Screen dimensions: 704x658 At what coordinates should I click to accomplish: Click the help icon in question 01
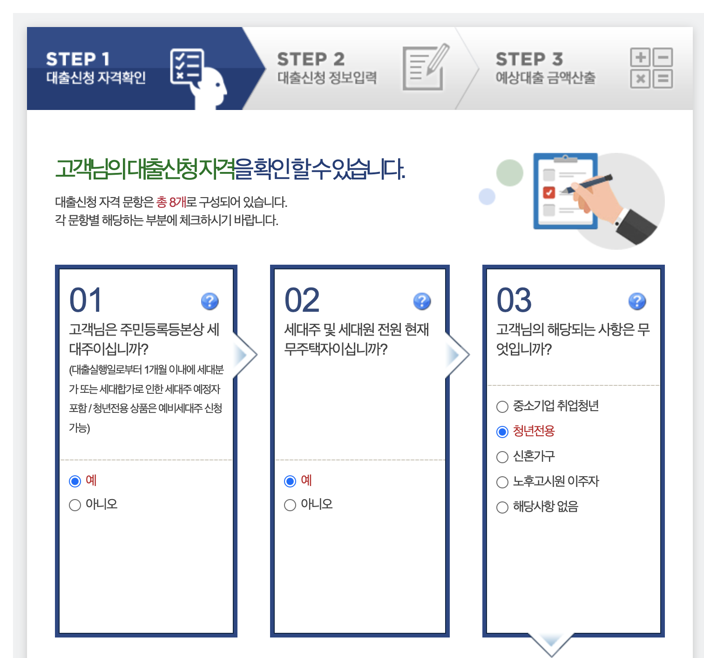(x=210, y=302)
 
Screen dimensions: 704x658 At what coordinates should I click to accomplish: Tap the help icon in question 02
(x=422, y=302)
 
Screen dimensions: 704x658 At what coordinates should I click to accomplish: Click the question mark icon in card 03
(x=637, y=302)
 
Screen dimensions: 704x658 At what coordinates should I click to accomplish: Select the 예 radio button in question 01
(x=75, y=481)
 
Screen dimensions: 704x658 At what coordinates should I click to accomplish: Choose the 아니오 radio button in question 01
(x=75, y=505)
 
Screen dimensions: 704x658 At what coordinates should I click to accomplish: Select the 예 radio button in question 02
(x=290, y=481)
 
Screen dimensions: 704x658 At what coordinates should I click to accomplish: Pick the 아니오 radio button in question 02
(x=290, y=505)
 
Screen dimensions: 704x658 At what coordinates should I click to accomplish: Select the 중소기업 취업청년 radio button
(x=502, y=407)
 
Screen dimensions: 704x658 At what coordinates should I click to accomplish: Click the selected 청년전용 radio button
(x=502, y=432)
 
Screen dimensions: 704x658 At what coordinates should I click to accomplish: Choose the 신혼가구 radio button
(x=502, y=457)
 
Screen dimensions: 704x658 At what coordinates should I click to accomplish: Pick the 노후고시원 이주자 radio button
(x=502, y=482)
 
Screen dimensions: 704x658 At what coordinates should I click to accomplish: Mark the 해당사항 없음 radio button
(x=502, y=507)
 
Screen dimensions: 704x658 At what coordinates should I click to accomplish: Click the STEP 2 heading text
(x=311, y=59)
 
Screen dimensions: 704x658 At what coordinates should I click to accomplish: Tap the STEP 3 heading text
(x=529, y=59)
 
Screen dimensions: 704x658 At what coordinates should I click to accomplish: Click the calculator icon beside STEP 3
(x=651, y=68)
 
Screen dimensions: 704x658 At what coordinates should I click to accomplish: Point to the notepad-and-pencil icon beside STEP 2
(x=426, y=68)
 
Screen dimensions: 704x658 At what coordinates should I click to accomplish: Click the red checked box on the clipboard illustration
(x=549, y=192)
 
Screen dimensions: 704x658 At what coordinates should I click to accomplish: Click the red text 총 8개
(x=171, y=202)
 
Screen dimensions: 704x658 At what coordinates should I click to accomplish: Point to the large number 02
(x=302, y=300)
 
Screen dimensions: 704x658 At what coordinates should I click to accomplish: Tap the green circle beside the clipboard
(x=509, y=173)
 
